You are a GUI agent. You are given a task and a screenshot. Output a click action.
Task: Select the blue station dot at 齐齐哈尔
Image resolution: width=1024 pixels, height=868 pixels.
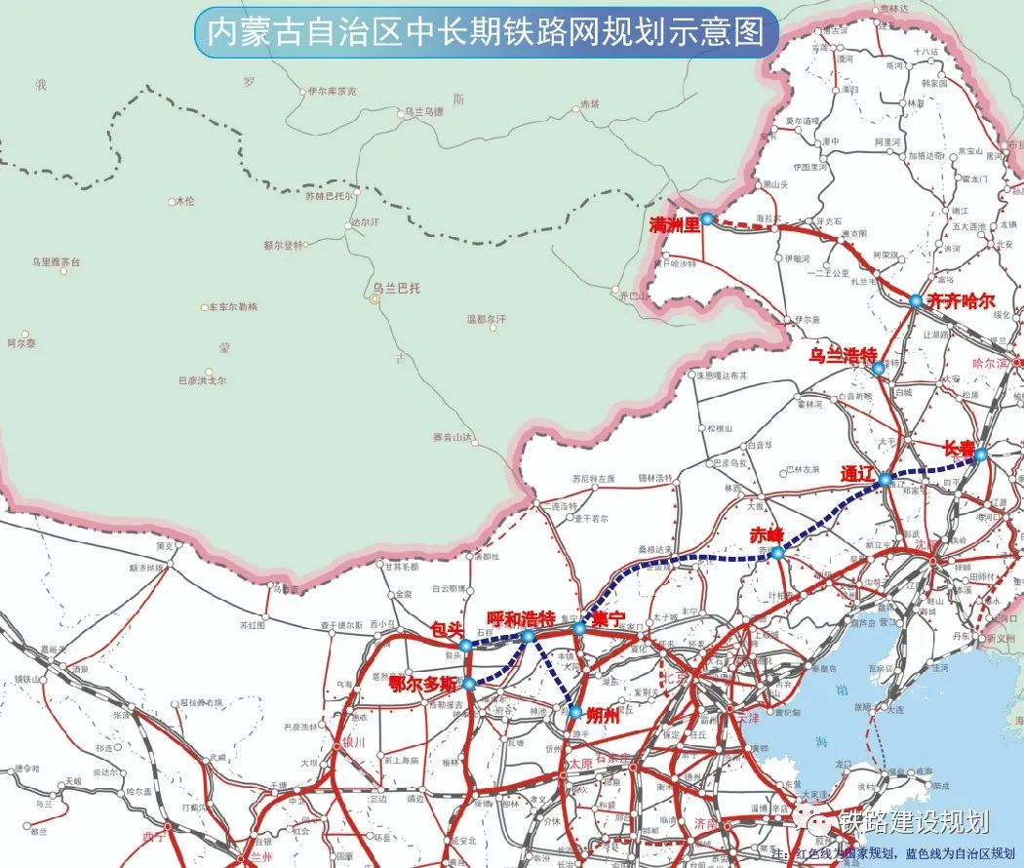[x=916, y=300]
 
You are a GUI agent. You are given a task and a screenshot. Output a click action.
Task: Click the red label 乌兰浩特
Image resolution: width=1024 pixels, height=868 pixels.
[x=844, y=355]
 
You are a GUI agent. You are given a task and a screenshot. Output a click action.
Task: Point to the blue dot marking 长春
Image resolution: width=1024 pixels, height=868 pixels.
[x=980, y=454]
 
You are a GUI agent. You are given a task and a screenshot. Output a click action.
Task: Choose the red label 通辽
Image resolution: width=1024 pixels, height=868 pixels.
[x=859, y=473]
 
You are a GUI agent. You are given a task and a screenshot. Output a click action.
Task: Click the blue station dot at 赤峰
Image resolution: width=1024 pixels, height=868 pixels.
[x=777, y=553]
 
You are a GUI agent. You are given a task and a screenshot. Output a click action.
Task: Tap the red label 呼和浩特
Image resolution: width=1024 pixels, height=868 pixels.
[x=521, y=618]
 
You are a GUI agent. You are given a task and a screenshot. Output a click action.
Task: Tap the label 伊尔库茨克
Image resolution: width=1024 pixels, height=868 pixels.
[x=333, y=91]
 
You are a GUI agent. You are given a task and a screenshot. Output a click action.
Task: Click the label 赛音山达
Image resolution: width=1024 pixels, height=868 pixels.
[x=452, y=436]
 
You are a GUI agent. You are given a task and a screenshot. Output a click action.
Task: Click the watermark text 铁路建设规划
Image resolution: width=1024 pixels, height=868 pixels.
[x=913, y=822]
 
